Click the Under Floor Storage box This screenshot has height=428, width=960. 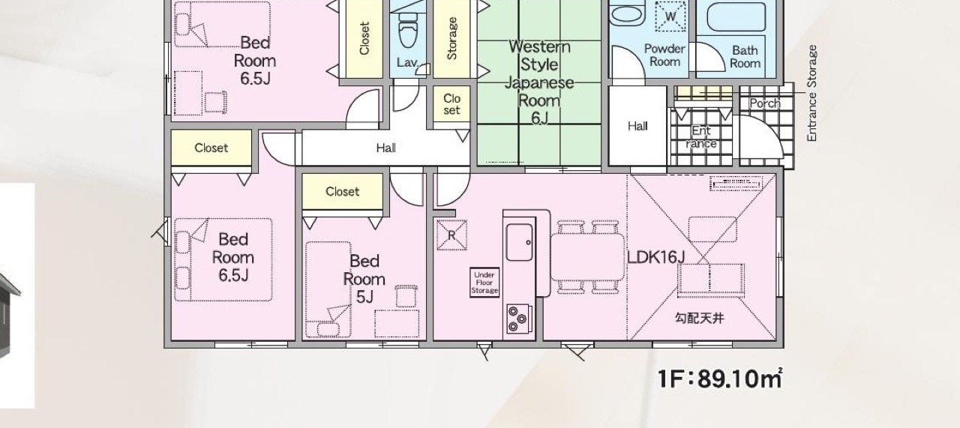(x=484, y=283)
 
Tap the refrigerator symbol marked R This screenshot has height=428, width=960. (x=451, y=235)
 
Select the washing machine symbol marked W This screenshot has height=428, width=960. (x=670, y=16)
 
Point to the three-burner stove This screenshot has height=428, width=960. (x=519, y=319)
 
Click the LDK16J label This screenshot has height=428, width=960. (x=655, y=257)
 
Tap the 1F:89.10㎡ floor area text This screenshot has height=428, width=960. (x=720, y=379)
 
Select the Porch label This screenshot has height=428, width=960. (x=765, y=103)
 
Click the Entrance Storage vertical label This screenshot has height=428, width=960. (x=811, y=93)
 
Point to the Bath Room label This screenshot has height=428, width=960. (x=745, y=57)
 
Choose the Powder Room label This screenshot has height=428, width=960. (x=664, y=55)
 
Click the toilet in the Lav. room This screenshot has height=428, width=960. (x=407, y=29)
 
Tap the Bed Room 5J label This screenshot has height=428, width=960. (x=364, y=279)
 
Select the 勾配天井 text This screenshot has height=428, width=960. (x=700, y=319)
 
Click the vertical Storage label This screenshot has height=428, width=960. (x=451, y=38)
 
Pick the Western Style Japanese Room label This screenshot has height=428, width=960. (x=539, y=82)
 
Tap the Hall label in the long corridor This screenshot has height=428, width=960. (x=385, y=148)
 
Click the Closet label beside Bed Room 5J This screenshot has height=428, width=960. (x=342, y=191)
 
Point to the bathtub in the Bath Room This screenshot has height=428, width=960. (x=736, y=17)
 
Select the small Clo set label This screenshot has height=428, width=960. (x=451, y=104)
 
